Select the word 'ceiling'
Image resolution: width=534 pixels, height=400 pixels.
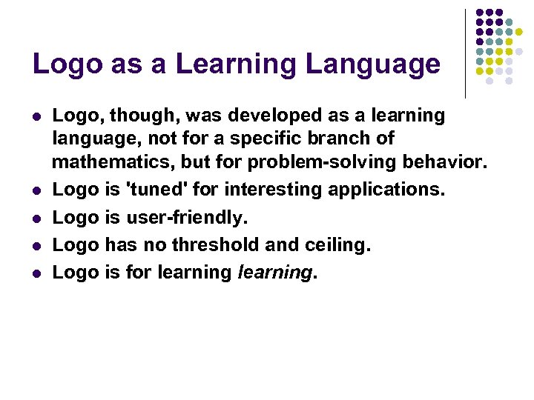pyautogui.click(x=333, y=244)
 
